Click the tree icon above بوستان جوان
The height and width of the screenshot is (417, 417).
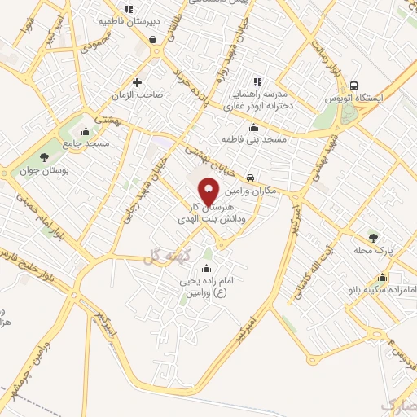tap(44, 156)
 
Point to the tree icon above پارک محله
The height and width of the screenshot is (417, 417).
tap(374, 237)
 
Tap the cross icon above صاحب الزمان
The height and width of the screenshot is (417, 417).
tap(137, 81)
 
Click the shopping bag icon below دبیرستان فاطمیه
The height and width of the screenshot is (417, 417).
tap(153, 38)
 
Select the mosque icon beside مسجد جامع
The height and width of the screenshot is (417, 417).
tap(85, 130)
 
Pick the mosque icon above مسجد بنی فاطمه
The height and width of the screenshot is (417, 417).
tap(254, 127)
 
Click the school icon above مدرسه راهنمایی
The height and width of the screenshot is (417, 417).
tap(257, 81)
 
